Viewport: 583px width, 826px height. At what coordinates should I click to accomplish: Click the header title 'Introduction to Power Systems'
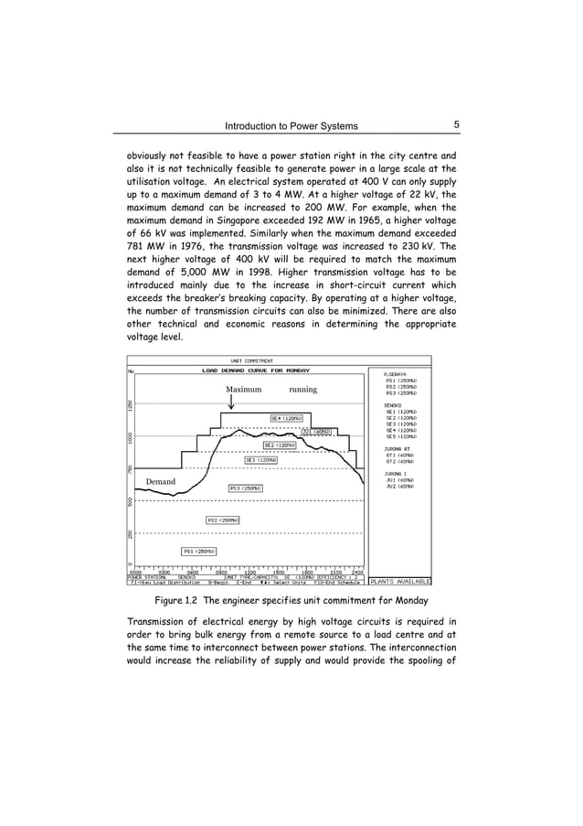click(292, 126)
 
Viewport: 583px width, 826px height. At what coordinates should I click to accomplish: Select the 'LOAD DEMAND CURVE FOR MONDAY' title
click(243, 371)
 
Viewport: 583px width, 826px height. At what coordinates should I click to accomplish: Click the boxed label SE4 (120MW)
click(286, 418)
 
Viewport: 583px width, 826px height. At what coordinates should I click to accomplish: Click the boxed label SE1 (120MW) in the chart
click(260, 460)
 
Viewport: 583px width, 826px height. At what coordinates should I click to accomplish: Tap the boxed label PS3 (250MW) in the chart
click(245, 488)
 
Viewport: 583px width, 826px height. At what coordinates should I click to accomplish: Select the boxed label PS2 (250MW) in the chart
click(222, 520)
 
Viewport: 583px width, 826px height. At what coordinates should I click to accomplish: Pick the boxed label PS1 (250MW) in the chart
click(198, 552)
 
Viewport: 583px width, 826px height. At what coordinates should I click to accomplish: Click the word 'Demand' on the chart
click(161, 480)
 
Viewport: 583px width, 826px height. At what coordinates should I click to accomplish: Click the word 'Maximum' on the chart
click(243, 390)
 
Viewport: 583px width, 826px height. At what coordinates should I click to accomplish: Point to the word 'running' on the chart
click(302, 390)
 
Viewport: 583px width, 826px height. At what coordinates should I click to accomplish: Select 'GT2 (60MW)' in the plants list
click(400, 461)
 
